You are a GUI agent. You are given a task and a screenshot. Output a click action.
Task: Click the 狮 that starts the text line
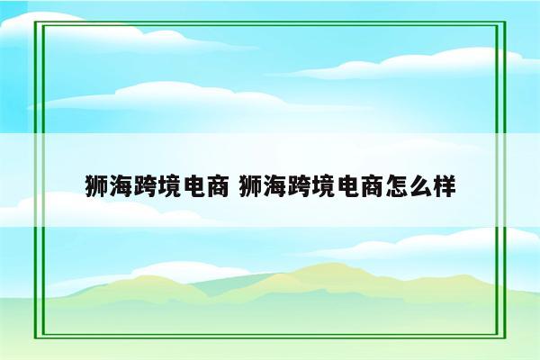(x=97, y=186)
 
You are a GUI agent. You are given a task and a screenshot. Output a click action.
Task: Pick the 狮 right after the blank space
(x=252, y=186)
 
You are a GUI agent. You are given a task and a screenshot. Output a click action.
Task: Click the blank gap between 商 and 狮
(x=234, y=186)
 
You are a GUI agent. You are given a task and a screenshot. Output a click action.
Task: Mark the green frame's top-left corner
(x=37, y=20)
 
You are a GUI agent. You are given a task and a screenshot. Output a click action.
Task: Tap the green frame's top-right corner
(x=502, y=20)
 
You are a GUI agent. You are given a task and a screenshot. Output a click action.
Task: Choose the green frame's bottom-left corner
(x=37, y=340)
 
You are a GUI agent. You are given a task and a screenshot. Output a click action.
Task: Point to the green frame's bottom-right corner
(x=502, y=340)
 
